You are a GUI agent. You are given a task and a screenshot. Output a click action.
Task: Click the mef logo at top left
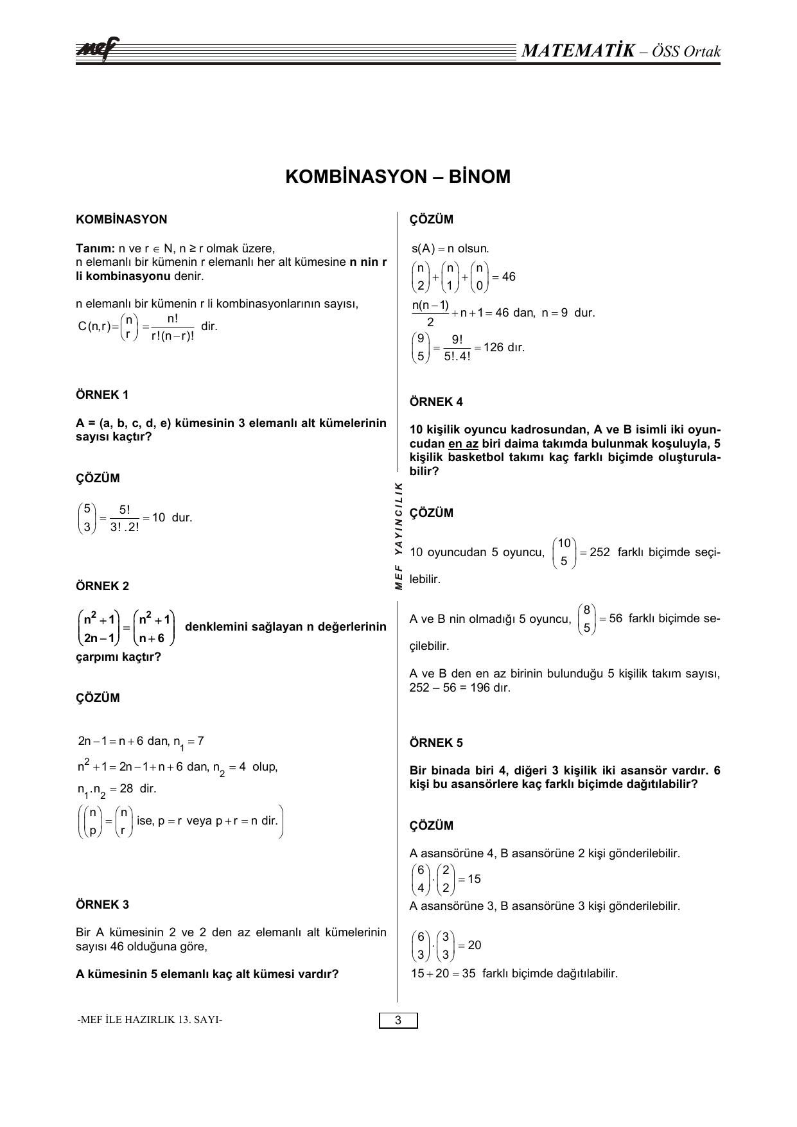click(x=97, y=51)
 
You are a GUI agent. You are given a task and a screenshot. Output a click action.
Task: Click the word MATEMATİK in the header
click(x=578, y=51)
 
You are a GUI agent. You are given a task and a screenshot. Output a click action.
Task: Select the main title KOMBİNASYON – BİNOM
click(x=398, y=177)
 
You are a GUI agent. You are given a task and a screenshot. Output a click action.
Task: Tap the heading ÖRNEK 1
click(x=102, y=395)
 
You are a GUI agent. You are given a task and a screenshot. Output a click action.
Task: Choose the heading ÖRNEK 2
click(x=102, y=586)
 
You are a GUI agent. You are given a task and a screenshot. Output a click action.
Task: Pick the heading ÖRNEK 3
click(x=102, y=905)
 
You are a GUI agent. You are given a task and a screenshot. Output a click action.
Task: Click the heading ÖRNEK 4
click(x=436, y=402)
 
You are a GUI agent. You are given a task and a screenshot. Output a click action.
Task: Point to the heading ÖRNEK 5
click(x=436, y=743)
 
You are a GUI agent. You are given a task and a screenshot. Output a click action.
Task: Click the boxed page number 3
click(x=398, y=1020)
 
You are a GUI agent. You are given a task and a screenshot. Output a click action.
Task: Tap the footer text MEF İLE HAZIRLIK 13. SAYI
click(x=150, y=1020)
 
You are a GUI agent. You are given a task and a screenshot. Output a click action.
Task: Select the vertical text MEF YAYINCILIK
click(x=398, y=535)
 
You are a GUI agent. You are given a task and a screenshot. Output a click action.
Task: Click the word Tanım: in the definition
click(x=94, y=249)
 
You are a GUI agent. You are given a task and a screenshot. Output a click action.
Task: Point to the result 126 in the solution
click(x=493, y=347)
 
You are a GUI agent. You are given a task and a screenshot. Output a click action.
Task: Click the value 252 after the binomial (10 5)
click(x=599, y=552)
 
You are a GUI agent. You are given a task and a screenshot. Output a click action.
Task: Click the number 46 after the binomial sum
click(x=509, y=277)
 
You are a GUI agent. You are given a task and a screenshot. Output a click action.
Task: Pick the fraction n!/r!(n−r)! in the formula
click(x=172, y=327)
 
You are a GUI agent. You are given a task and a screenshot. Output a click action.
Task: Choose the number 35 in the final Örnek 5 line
click(x=468, y=973)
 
